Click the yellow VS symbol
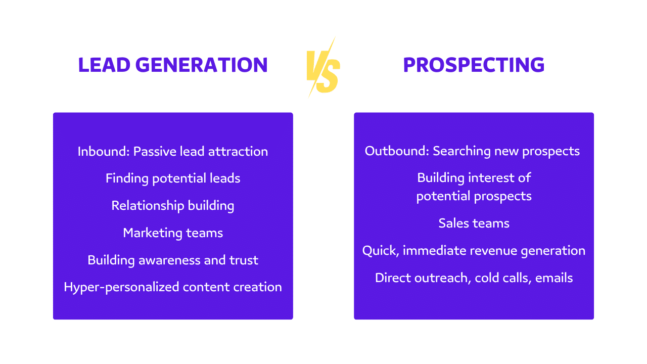323,67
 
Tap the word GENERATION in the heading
202,65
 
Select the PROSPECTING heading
474,65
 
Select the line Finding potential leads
173,178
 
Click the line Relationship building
173,206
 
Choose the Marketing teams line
173,233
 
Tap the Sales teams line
474,223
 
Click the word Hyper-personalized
121,287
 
